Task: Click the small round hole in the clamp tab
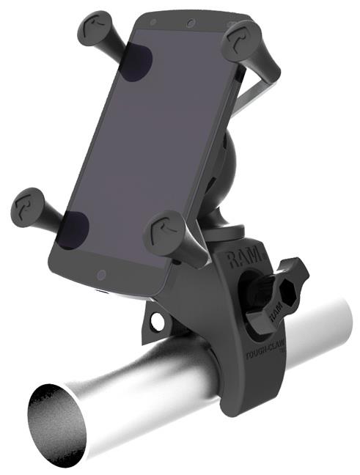tap(156, 319)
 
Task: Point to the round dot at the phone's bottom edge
tap(102, 274)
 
